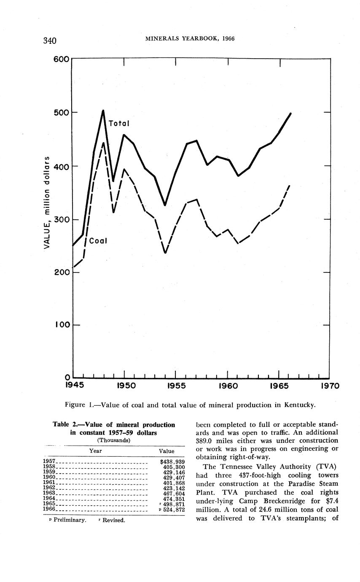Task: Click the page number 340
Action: (50, 40)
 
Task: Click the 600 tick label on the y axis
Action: (61, 59)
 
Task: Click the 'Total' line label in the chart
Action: (119, 124)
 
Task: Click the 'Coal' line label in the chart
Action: (98, 241)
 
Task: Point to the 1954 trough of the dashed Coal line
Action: (165, 253)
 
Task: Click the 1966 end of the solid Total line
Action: (290, 113)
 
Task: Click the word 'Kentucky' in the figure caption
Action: (299, 405)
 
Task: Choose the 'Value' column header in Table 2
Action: (167, 451)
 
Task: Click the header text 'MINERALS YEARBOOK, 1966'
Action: (190, 39)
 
